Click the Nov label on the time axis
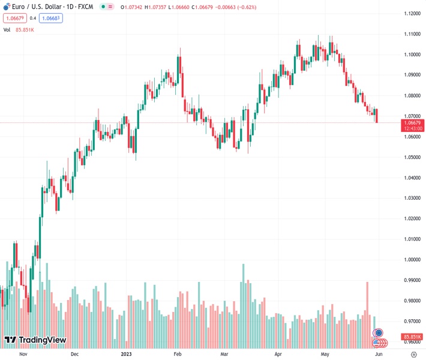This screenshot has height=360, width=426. pos(23,354)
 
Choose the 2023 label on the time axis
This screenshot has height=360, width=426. pos(127,354)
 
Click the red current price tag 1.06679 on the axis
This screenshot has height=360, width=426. pos(412,122)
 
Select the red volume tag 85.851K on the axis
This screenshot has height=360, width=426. pos(412,337)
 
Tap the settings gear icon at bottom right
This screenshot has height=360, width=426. pos(413,354)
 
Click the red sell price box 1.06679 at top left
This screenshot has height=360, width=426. pos(14,18)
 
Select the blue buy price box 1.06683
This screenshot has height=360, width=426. pos(51,18)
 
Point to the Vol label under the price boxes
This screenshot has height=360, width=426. pos(7,29)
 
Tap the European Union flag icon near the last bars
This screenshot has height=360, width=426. pos(378,332)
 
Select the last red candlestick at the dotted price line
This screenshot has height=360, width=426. pos(377,116)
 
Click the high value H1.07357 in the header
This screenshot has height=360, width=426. pos(157,7)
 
